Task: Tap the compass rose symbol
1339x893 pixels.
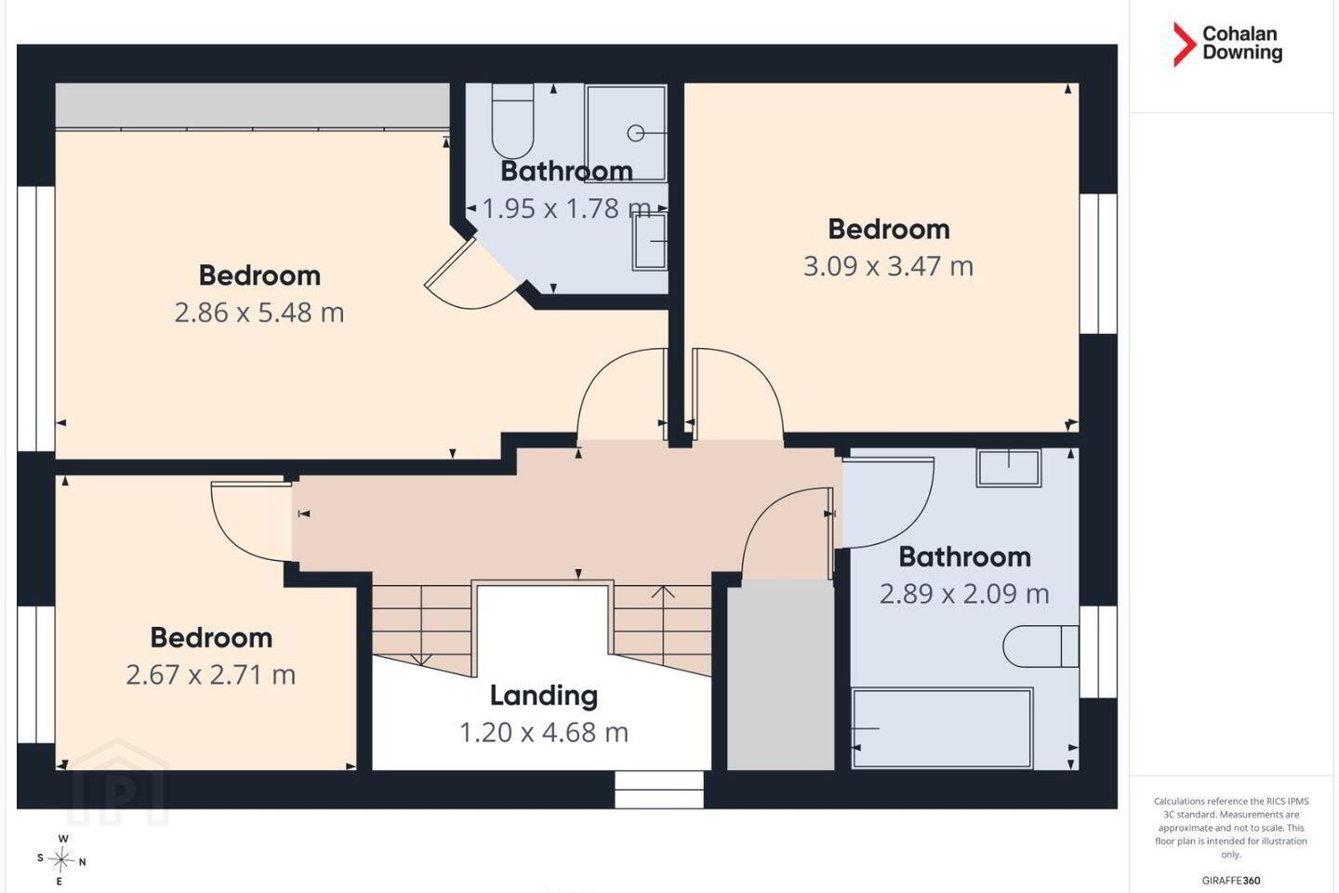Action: click(x=61, y=860)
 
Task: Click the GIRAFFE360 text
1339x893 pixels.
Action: click(x=1231, y=880)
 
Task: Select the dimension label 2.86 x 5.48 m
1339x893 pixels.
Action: click(x=259, y=313)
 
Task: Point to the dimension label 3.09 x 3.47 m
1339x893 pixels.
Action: click(x=888, y=266)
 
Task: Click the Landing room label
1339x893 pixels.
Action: click(x=544, y=696)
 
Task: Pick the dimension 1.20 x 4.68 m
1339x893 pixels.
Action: click(x=544, y=733)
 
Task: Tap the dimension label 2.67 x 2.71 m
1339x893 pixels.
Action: click(x=211, y=674)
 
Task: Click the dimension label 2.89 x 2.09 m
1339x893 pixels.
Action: click(x=964, y=593)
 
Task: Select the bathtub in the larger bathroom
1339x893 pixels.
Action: click(x=942, y=728)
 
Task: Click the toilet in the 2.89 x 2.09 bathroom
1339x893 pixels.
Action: click(x=1041, y=646)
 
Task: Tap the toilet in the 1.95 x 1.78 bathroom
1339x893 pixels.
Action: click(x=512, y=120)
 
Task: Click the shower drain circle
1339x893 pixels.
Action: click(x=635, y=133)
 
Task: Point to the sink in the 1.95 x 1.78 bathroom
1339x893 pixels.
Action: click(x=650, y=241)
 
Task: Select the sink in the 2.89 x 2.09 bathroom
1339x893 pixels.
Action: click(x=1008, y=468)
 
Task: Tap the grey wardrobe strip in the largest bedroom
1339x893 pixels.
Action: click(x=252, y=105)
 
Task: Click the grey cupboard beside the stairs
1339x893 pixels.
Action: click(x=780, y=674)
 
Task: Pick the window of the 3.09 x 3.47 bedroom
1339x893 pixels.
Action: click(x=1099, y=263)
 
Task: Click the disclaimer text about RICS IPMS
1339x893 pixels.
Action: click(x=1231, y=828)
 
